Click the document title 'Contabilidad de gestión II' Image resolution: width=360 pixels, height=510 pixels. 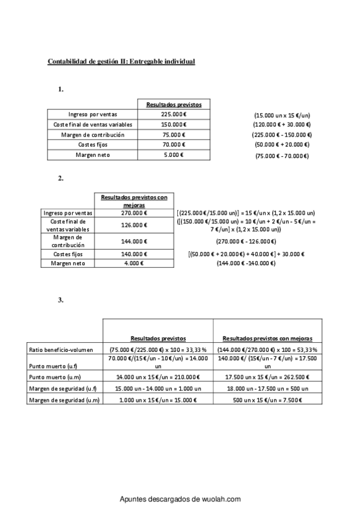(121, 61)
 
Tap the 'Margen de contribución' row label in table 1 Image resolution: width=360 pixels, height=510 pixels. (93, 135)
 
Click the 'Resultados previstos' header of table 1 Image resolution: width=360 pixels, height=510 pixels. (174, 104)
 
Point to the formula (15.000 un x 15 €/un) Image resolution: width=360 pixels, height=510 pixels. (282, 115)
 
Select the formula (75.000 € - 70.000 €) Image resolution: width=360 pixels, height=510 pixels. (282, 156)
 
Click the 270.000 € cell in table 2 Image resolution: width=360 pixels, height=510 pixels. (135, 213)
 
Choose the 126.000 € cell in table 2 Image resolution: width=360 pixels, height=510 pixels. (135, 225)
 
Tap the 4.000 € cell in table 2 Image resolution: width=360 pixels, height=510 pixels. (135, 263)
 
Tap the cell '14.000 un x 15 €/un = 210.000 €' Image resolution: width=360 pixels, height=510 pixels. (157, 377)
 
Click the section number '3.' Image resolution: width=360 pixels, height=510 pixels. (61, 300)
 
